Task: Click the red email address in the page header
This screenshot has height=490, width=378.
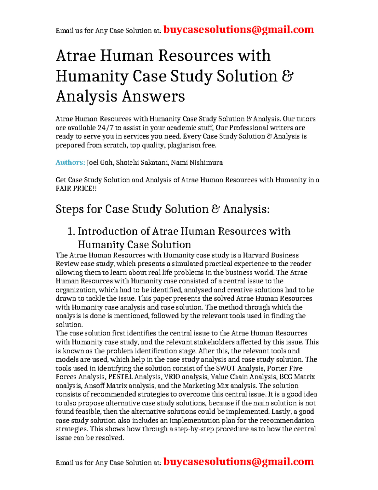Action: (x=238, y=30)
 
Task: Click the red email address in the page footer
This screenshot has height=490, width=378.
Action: (x=238, y=462)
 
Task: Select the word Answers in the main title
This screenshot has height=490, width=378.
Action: (x=153, y=96)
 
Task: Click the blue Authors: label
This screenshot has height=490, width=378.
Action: (x=70, y=162)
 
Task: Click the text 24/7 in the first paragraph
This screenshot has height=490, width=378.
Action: (x=106, y=128)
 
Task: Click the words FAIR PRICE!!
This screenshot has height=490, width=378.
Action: (x=76, y=189)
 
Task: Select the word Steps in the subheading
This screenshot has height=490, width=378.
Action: (x=70, y=209)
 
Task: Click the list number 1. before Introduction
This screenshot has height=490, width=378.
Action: (x=71, y=231)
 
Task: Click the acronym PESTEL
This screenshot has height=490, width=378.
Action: (x=121, y=377)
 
